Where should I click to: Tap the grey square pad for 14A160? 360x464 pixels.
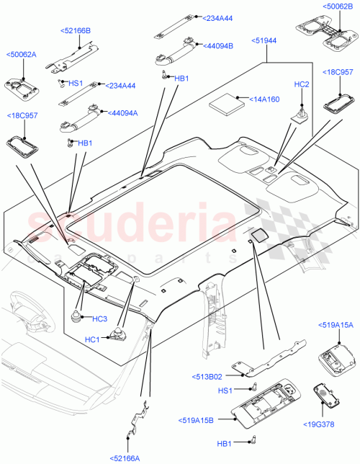click(x=228, y=102)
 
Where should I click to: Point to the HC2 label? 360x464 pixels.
click(x=302, y=85)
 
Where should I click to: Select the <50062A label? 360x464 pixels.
click(x=22, y=54)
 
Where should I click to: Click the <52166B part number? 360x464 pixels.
click(x=75, y=31)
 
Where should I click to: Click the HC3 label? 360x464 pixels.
click(x=99, y=318)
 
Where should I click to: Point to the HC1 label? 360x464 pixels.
click(x=92, y=339)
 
